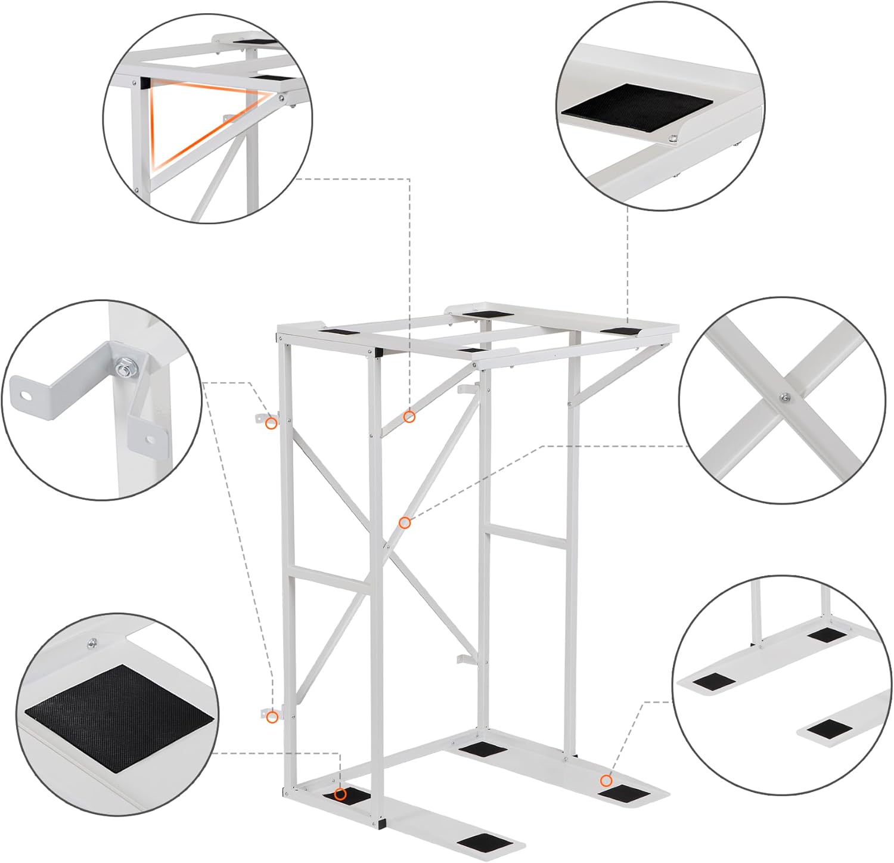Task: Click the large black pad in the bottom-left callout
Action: pyautogui.click(x=119, y=716)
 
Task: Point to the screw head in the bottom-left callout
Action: pyautogui.click(x=91, y=642)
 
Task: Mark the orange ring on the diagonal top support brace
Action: pyautogui.click(x=409, y=417)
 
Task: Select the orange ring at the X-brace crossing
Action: pyautogui.click(x=405, y=523)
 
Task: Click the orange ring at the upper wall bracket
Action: pyautogui.click(x=271, y=423)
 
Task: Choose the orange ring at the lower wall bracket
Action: pyautogui.click(x=272, y=717)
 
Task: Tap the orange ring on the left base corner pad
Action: pyautogui.click(x=340, y=794)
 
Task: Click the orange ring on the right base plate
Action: pyautogui.click(x=606, y=781)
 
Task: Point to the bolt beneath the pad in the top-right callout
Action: pyautogui.click(x=673, y=140)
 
